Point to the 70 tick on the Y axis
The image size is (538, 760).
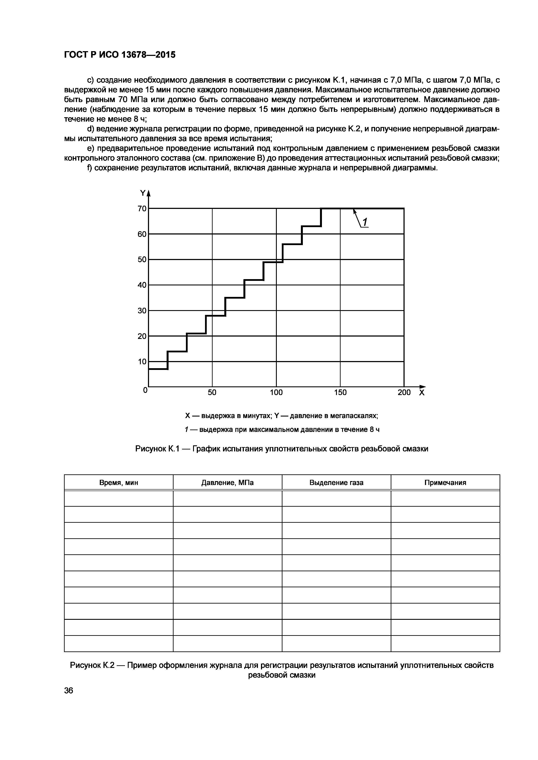click(142, 208)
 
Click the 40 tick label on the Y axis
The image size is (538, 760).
click(142, 285)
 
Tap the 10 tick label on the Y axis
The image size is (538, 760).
click(142, 362)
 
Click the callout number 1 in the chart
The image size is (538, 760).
click(364, 222)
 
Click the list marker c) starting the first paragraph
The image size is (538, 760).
click(91, 80)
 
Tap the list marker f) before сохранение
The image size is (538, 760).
click(89, 168)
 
